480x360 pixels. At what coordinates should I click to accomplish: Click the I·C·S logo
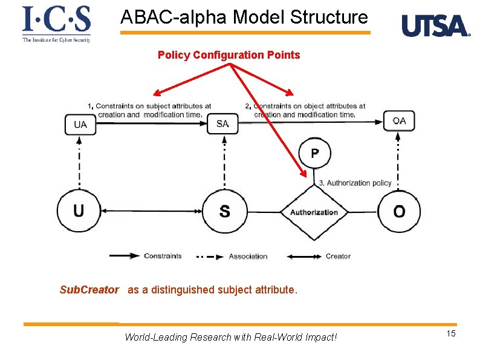(56, 24)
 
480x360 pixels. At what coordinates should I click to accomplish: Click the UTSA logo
(435, 26)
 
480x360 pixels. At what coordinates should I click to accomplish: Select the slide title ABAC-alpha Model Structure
(244, 17)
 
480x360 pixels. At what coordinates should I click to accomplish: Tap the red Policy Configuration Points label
(229, 55)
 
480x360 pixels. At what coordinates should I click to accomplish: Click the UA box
(80, 124)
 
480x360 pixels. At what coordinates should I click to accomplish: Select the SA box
(222, 123)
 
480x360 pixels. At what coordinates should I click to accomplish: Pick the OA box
(399, 121)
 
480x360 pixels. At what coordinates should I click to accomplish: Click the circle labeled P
(315, 153)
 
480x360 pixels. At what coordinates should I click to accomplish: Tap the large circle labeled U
(79, 211)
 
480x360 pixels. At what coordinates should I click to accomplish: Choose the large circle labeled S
(224, 212)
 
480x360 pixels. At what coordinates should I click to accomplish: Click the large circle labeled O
(399, 212)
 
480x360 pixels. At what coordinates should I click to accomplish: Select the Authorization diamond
(314, 212)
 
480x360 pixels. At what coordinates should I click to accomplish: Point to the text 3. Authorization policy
(355, 183)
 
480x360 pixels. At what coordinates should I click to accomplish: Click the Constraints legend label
(163, 256)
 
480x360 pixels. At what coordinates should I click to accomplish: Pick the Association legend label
(248, 257)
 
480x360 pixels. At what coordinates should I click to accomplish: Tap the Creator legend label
(338, 256)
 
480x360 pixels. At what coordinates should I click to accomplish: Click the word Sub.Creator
(89, 290)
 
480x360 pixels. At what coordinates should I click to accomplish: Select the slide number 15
(450, 335)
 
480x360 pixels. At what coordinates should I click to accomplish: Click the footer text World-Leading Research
(230, 337)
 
